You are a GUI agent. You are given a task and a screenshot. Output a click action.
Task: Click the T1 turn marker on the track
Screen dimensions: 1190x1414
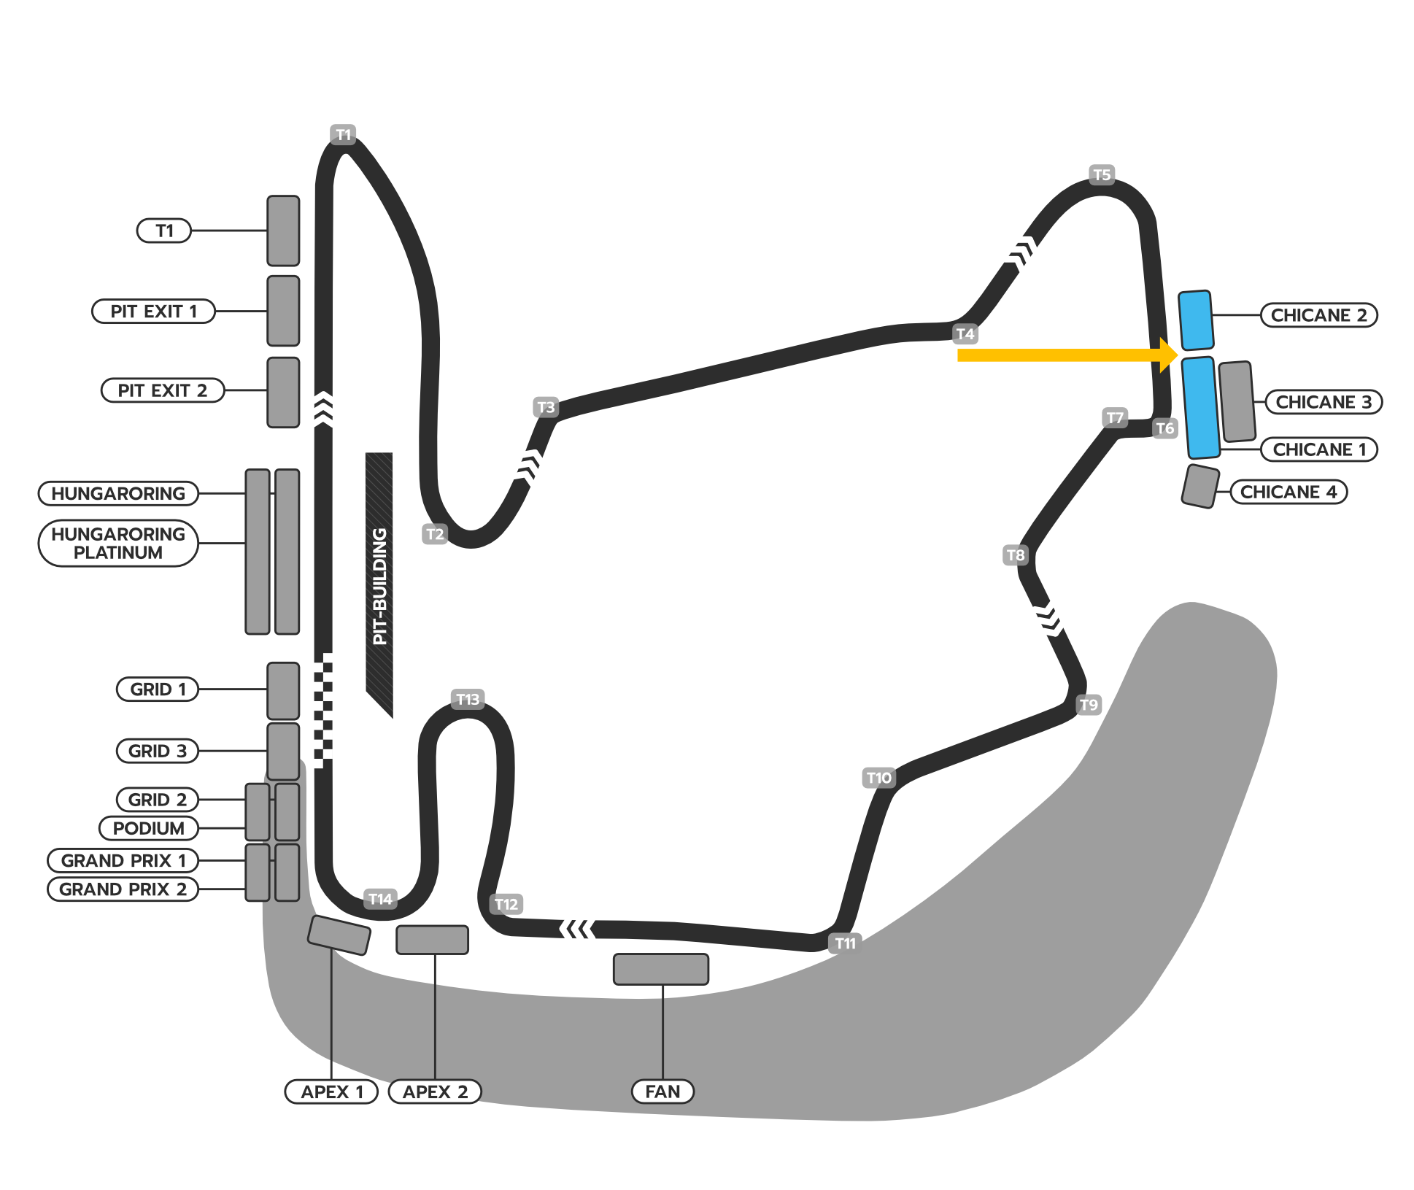pyautogui.click(x=343, y=134)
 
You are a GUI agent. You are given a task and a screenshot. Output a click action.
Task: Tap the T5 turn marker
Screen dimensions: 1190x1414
pyautogui.click(x=1102, y=175)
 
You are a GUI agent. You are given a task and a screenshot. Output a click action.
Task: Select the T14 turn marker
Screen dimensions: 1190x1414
pyautogui.click(x=380, y=899)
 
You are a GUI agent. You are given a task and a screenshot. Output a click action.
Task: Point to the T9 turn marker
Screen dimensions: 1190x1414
pyautogui.click(x=1089, y=705)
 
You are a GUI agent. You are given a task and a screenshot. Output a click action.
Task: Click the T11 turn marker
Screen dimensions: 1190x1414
pyautogui.click(x=846, y=943)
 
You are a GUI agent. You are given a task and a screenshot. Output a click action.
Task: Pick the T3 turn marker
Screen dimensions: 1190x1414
pyautogui.click(x=546, y=407)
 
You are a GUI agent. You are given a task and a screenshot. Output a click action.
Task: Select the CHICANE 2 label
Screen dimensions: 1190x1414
pyautogui.click(x=1318, y=315)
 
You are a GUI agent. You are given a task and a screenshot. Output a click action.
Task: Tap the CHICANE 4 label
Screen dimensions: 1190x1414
pyautogui.click(x=1289, y=492)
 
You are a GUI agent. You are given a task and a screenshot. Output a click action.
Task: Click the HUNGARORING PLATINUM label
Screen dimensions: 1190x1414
pyautogui.click(x=118, y=543)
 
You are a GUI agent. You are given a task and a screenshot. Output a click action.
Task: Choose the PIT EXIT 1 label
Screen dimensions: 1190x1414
pyautogui.click(x=153, y=312)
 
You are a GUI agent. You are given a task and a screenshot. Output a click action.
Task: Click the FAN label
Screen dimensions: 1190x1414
pyautogui.click(x=662, y=1092)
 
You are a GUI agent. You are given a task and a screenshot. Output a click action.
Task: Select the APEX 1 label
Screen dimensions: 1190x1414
pyautogui.click(x=332, y=1092)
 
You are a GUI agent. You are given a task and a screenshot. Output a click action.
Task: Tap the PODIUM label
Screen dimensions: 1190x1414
pyautogui.click(x=149, y=828)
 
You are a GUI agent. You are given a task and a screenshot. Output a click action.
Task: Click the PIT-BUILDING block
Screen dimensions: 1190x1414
pyautogui.click(x=379, y=584)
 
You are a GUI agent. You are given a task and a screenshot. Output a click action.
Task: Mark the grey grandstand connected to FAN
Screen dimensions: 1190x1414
pyautogui.click(x=661, y=969)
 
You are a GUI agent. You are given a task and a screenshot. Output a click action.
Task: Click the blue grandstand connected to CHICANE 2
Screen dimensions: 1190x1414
pyautogui.click(x=1196, y=320)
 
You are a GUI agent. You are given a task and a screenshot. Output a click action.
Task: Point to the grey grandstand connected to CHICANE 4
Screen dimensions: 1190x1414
pyautogui.click(x=1200, y=486)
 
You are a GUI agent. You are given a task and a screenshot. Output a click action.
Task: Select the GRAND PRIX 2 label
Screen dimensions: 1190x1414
pyautogui.click(x=123, y=889)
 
